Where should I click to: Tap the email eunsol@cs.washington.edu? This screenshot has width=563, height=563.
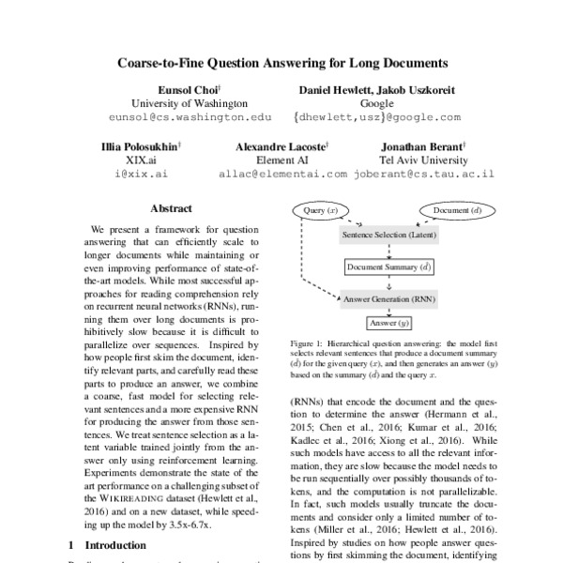pos(189,117)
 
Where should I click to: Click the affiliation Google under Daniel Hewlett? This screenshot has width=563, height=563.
pos(376,103)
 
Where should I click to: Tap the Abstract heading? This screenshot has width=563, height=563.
pos(170,208)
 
